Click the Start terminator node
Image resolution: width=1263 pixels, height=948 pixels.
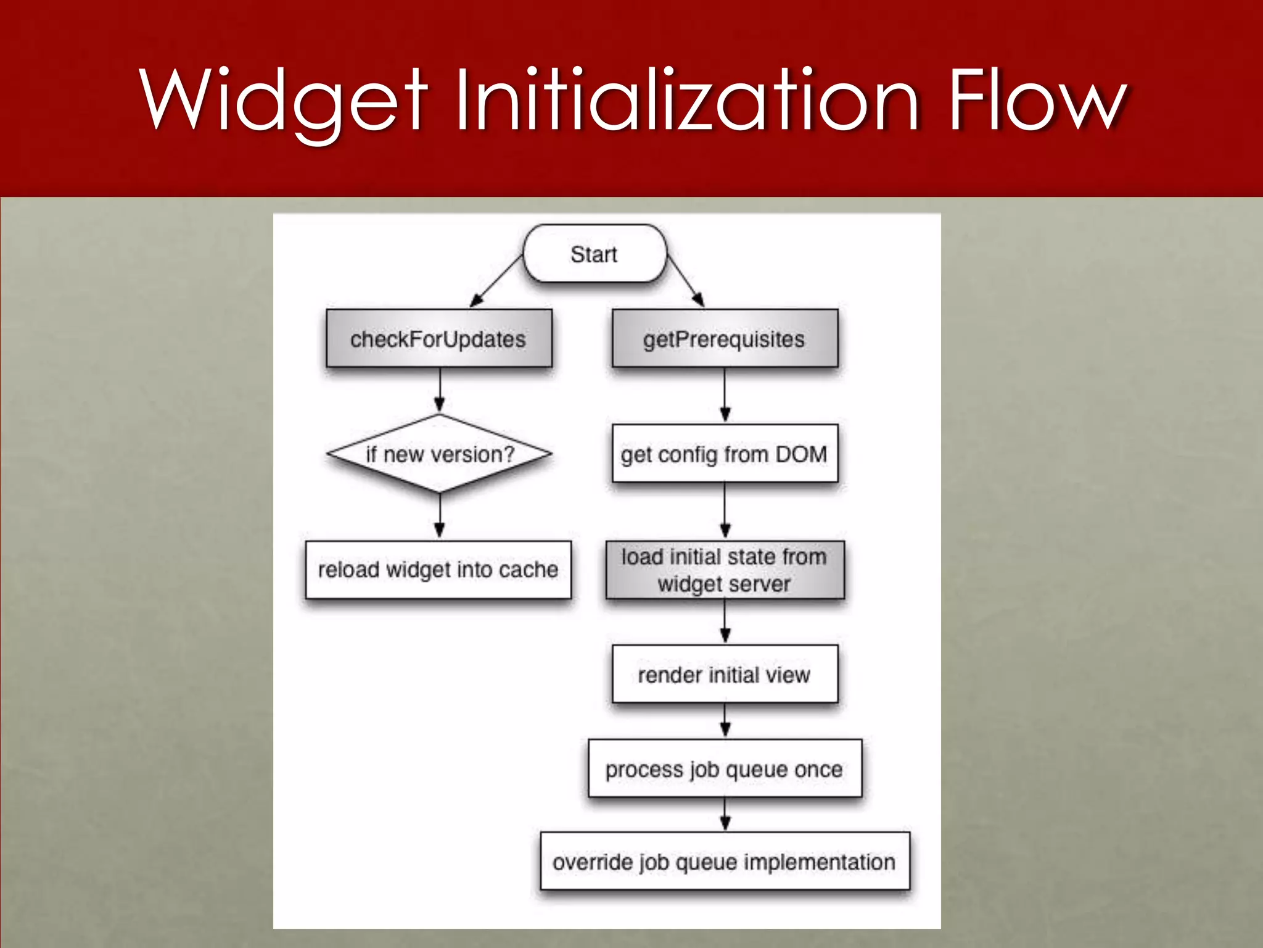594,254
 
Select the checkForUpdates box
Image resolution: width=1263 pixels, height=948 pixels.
438,339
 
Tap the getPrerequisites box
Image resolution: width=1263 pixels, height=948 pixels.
725,339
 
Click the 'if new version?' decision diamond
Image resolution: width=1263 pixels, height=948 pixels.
439,454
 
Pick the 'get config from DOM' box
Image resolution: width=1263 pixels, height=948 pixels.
725,454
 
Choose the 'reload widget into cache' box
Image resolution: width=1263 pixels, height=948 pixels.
438,570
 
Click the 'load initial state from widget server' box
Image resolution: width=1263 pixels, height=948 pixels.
725,570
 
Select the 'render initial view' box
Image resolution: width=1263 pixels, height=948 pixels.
725,675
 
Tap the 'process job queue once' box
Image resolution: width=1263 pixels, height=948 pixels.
725,769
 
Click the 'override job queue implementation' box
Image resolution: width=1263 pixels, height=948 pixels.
725,862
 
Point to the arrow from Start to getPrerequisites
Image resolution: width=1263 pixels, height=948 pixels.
685,281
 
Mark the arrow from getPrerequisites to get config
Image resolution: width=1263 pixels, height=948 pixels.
725,395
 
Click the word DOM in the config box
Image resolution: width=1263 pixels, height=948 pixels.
800,454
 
